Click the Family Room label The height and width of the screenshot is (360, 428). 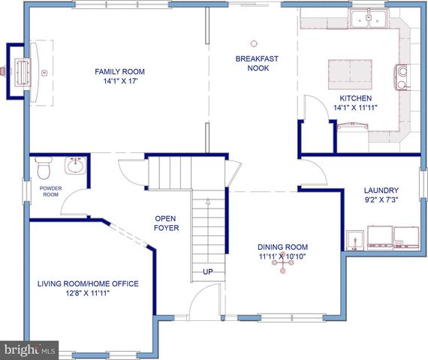pyautogui.click(x=119, y=72)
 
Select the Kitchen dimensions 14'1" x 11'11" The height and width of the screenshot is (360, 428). pyautogui.click(x=354, y=108)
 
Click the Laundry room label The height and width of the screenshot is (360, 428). pyautogui.click(x=381, y=190)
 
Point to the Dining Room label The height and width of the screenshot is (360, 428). pyautogui.click(x=282, y=247)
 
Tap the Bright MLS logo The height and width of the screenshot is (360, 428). pyautogui.click(x=30, y=350)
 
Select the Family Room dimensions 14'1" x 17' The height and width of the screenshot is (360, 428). pyautogui.click(x=119, y=82)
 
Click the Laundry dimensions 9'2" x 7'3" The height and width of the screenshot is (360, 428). pyautogui.click(x=381, y=201)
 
